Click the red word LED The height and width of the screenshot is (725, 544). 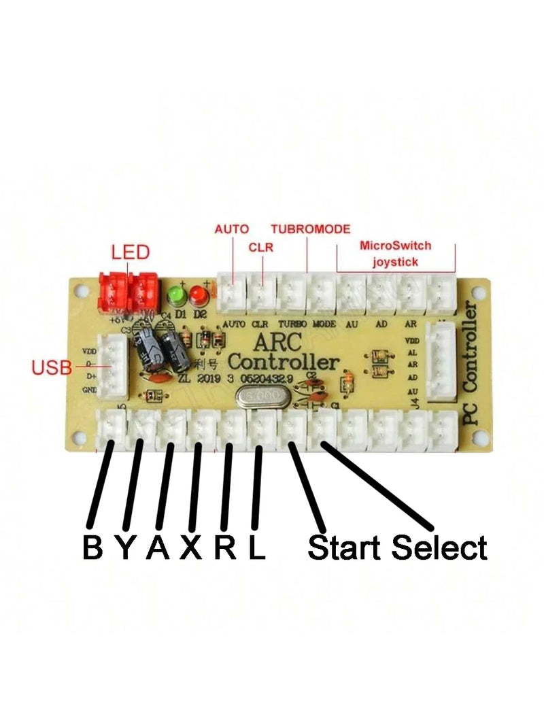pyautogui.click(x=130, y=253)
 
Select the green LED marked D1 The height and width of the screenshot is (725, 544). pyautogui.click(x=177, y=295)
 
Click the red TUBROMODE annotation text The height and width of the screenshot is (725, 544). pyautogui.click(x=310, y=229)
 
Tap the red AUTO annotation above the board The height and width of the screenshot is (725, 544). pyautogui.click(x=232, y=229)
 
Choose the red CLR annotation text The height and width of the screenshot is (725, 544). pyautogui.click(x=261, y=248)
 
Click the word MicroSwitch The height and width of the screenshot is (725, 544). pyautogui.click(x=396, y=246)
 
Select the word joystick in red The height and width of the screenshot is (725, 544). pyautogui.click(x=395, y=260)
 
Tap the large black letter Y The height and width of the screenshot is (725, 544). pyautogui.click(x=125, y=547)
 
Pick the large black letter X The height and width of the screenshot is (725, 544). pyautogui.click(x=191, y=547)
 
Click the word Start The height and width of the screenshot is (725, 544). pyautogui.click(x=346, y=547)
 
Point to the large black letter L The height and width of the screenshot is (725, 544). pyautogui.click(x=256, y=547)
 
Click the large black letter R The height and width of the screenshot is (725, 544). pyautogui.click(x=225, y=547)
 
